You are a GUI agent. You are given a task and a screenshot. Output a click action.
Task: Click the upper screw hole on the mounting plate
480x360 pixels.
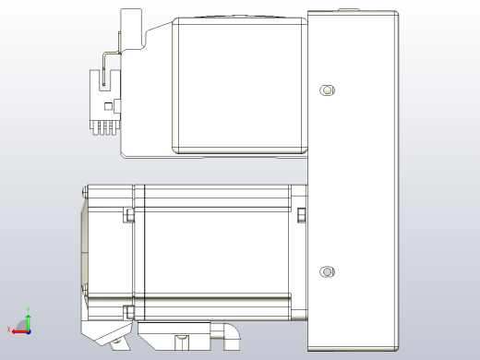tap(326, 90)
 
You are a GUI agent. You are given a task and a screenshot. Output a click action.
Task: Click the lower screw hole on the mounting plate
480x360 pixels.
tap(326, 271)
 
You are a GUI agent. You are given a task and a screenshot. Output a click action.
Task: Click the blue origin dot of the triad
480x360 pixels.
tap(28, 330)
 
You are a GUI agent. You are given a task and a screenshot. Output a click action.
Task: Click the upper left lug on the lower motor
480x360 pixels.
tap(129, 216)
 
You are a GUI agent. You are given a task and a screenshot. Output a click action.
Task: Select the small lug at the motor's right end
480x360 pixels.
tap(301, 216)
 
